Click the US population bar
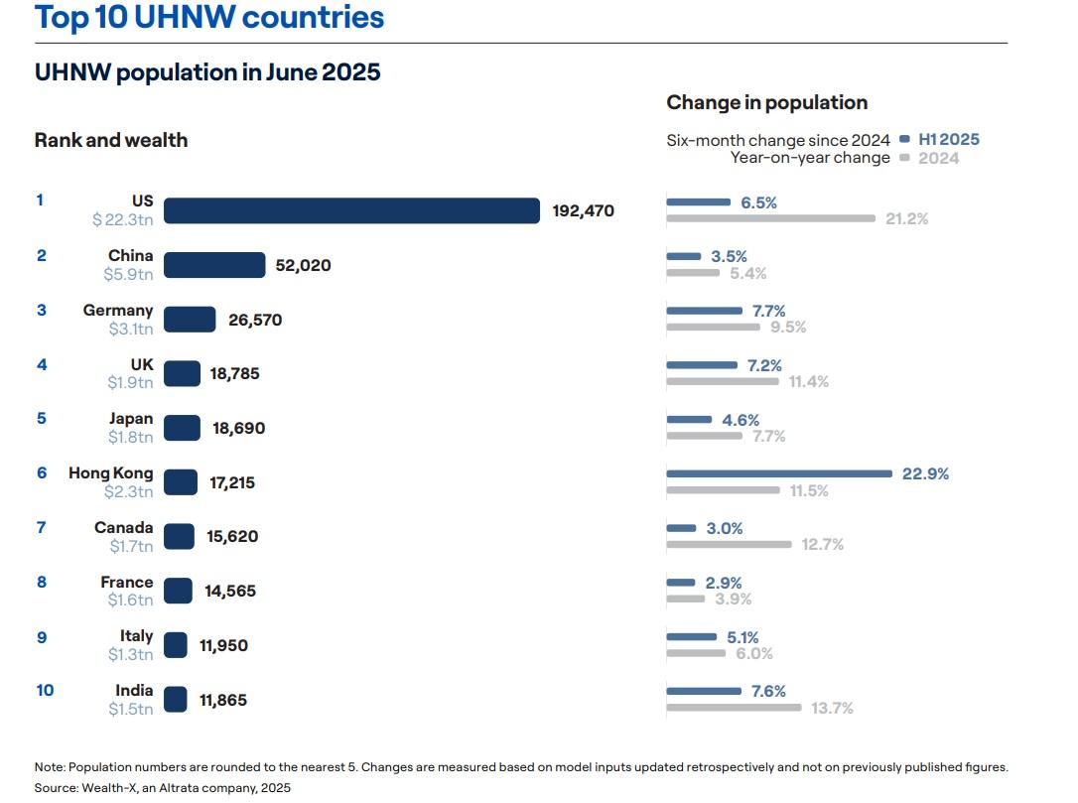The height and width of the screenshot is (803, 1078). point(351,210)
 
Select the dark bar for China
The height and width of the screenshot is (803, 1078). point(214,265)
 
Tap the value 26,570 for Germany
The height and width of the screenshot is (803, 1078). point(255,320)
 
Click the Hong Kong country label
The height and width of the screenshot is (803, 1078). point(110,472)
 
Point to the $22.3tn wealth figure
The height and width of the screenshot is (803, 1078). point(123,219)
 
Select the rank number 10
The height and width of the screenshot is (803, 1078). point(45,690)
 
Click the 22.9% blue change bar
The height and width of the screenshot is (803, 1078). point(779,473)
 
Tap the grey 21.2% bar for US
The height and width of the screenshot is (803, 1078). point(770,218)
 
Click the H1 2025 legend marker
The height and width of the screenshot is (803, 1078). point(904,140)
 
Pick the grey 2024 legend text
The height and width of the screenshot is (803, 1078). point(939,158)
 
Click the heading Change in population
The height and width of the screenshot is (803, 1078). point(766,102)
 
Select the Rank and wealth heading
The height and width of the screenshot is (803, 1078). point(111,140)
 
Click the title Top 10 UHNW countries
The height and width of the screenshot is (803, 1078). point(209,17)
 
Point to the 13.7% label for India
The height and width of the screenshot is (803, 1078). point(832,708)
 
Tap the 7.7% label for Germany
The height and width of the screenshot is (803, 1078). point(768,311)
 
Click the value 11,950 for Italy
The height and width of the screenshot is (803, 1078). point(223,645)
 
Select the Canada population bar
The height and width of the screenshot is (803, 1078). point(179,536)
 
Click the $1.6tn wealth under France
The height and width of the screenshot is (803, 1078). point(130,600)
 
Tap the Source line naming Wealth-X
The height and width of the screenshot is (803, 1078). point(163,787)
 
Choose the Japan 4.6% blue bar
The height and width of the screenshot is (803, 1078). point(689,420)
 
